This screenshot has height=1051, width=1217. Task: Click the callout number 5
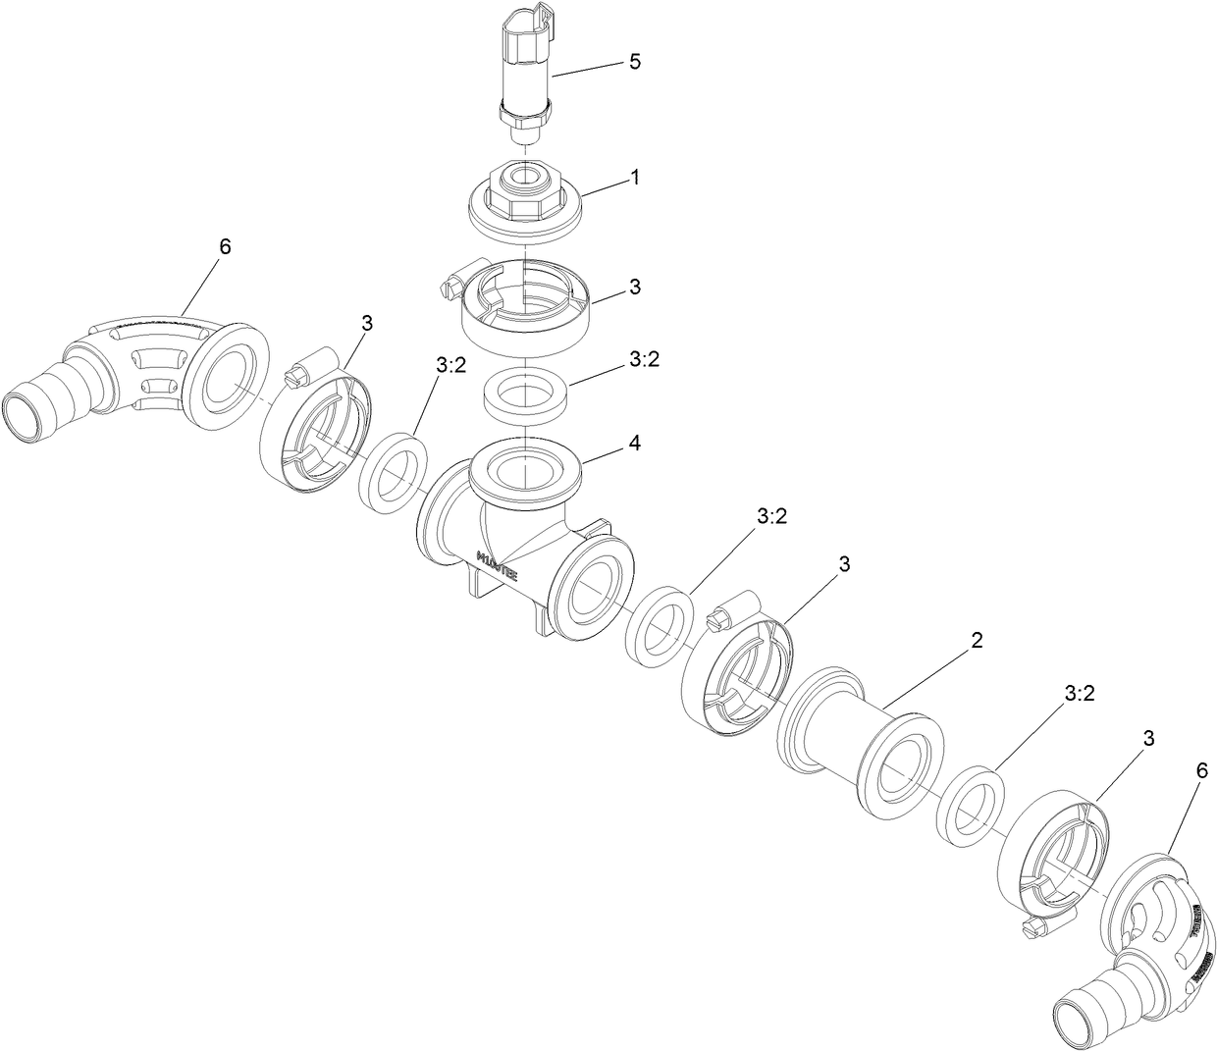point(634,62)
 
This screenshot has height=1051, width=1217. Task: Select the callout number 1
point(635,178)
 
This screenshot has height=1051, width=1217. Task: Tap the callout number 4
point(635,444)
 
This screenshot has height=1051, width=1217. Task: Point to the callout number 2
point(976,641)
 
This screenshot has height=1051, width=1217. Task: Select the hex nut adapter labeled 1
point(524,201)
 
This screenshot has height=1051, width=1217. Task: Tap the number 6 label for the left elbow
point(225,246)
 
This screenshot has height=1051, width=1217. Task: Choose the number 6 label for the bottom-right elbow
point(1173,772)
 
